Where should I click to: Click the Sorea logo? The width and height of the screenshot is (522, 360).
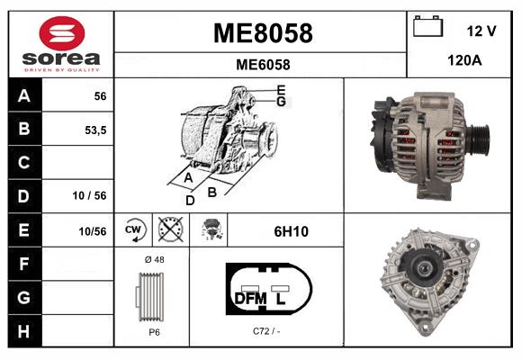coord(61,43)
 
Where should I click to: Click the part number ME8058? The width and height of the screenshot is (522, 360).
coord(262,33)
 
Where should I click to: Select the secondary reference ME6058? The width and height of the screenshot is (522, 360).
coord(262,64)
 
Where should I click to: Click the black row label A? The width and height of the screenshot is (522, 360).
coord(23,95)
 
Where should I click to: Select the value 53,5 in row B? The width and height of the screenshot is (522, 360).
coord(94,130)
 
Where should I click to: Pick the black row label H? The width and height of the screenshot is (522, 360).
coord(23,330)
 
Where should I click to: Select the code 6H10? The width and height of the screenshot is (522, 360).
coord(291,231)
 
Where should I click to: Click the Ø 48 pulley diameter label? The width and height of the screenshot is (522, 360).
coord(153,259)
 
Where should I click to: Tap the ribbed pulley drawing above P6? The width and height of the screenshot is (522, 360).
coord(153,296)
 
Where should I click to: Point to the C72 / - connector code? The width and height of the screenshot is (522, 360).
coord(266,331)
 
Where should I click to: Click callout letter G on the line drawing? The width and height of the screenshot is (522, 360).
coord(281,102)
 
